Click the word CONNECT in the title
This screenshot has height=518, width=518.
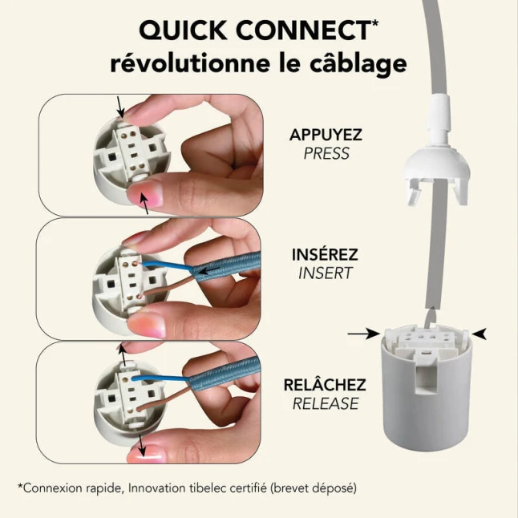coord(303,30)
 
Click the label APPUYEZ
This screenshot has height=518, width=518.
coord(326,135)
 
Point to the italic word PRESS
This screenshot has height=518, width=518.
coord(326,154)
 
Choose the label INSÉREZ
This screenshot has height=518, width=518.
coord(325,254)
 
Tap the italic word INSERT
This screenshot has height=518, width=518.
coord(326,273)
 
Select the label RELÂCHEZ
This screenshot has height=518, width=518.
coord(325,385)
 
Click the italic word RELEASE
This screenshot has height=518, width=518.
coord(326,403)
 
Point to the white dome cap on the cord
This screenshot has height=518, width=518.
coord(436,165)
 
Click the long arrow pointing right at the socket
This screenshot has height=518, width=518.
coord(364,334)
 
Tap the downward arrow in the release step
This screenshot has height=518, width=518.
coord(142,445)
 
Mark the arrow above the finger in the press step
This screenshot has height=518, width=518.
coord(120,107)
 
